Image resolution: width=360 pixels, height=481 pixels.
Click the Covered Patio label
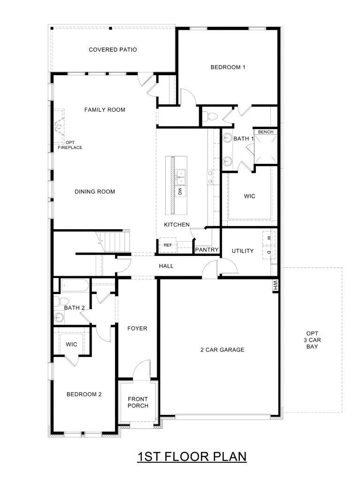(113, 50)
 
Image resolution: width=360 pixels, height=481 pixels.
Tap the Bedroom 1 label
(228, 67)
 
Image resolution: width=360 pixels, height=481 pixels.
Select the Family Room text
(105, 109)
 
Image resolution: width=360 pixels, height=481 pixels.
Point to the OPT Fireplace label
(70, 145)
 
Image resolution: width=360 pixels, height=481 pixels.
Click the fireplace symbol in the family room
(59, 126)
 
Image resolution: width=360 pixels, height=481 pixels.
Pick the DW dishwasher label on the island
(180, 192)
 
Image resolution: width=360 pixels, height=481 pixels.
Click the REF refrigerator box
(168, 245)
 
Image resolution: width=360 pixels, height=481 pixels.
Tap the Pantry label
(207, 250)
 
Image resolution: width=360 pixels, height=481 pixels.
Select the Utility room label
(243, 251)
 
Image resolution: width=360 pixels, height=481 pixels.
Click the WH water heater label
(275, 286)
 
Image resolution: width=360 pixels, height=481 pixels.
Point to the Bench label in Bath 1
(266, 132)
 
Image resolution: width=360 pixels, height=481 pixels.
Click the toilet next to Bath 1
(210, 116)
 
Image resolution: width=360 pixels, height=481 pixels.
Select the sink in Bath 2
(58, 317)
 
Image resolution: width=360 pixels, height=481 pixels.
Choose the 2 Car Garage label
(222, 349)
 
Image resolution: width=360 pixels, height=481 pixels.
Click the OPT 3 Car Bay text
(312, 340)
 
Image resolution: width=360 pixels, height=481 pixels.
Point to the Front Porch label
(138, 403)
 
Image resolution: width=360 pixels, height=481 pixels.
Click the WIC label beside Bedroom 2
(71, 344)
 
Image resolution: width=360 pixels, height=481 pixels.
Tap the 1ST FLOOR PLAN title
(192, 457)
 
